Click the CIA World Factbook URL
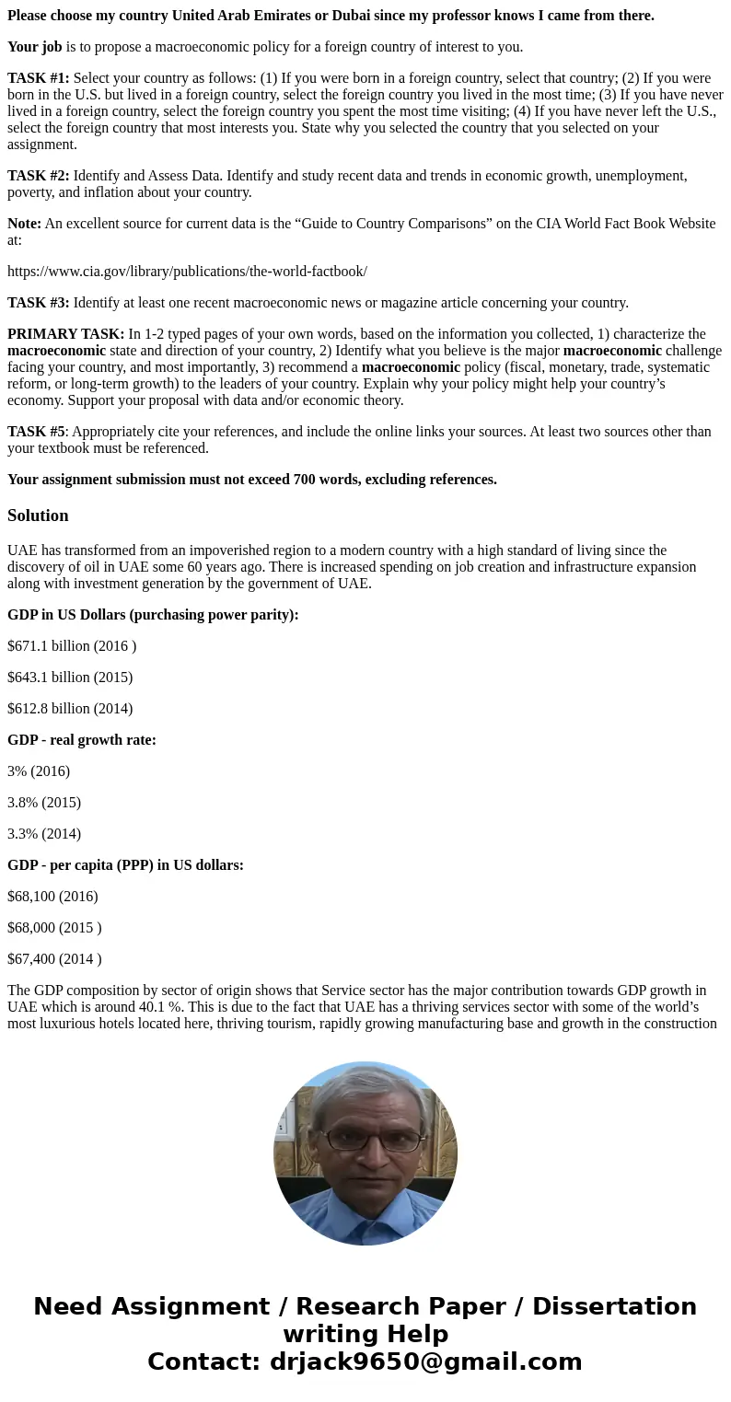[187, 271]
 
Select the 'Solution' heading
[38, 516]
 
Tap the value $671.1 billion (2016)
[72, 646]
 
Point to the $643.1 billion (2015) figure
[70, 678]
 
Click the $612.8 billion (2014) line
[70, 709]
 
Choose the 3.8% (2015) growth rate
[44, 803]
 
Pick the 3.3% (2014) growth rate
[44, 834]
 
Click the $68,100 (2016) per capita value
[52, 897]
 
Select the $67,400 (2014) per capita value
[54, 959]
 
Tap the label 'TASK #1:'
[39, 78]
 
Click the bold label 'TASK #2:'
[39, 176]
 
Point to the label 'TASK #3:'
[39, 303]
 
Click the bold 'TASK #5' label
[36, 431]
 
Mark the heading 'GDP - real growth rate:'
[82, 740]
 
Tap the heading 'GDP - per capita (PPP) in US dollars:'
[125, 865]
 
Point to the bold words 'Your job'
[35, 47]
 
